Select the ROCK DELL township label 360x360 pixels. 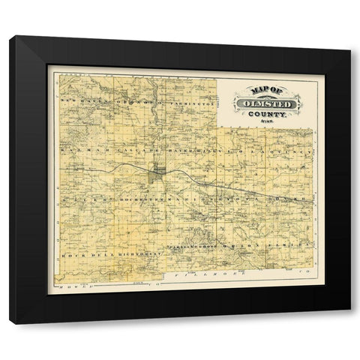pyautogui.click(x=77, y=256)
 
